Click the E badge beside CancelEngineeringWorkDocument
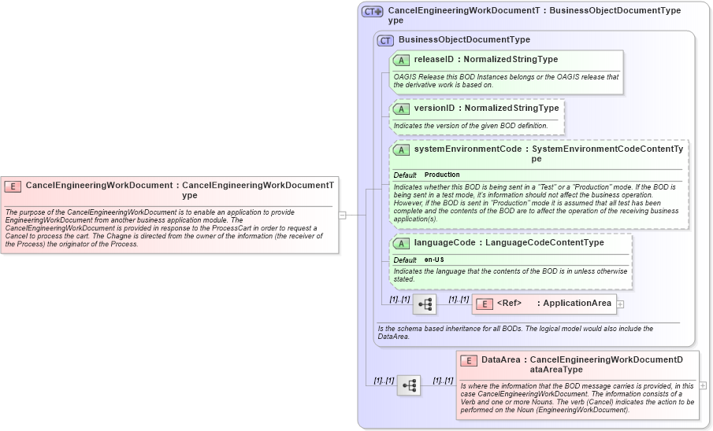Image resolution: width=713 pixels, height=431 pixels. [13, 186]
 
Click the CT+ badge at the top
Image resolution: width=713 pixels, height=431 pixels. [372, 12]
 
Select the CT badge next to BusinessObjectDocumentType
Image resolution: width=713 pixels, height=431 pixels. [385, 40]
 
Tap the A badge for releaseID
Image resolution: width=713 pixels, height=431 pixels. [401, 60]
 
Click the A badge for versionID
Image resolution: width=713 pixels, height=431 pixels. [401, 109]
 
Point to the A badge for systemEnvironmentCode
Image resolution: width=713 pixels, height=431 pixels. [401, 149]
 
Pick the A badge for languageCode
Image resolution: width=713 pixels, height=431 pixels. [401, 243]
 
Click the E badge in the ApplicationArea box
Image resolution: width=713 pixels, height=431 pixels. [485, 304]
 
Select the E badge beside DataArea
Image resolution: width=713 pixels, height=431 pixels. [469, 360]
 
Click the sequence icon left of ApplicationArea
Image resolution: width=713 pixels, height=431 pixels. [425, 304]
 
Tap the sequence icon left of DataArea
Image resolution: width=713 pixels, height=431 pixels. [409, 385]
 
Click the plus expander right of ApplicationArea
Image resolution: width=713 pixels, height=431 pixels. [621, 304]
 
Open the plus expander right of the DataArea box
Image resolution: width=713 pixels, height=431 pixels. [703, 385]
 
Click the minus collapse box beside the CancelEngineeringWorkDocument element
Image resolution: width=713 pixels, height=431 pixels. [343, 214]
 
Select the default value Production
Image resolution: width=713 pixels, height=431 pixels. [442, 175]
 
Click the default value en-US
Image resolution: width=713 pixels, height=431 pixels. [435, 260]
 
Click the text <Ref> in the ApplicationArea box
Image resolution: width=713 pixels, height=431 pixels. [510, 303]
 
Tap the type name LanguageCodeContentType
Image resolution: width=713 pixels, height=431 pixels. [544, 242]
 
